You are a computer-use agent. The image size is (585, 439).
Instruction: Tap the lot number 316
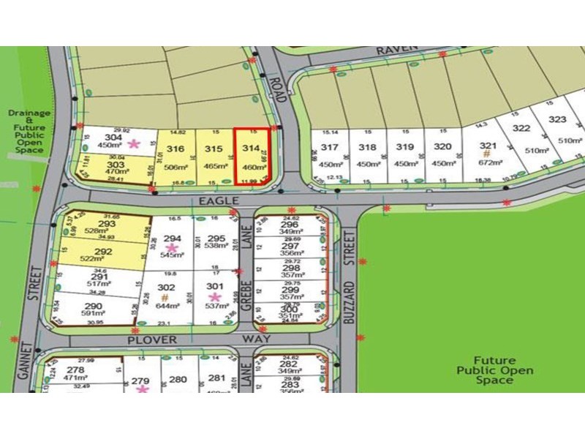(175, 149)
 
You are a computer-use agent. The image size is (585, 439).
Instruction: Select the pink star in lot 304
(133, 144)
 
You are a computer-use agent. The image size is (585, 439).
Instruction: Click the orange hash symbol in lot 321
(486, 154)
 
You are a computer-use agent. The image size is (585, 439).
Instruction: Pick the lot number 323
(558, 119)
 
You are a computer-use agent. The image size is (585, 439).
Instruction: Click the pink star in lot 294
(173, 249)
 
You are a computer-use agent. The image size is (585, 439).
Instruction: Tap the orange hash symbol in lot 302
(165, 297)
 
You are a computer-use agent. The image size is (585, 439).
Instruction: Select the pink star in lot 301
(214, 296)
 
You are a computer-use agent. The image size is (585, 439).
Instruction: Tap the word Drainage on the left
(29, 113)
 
